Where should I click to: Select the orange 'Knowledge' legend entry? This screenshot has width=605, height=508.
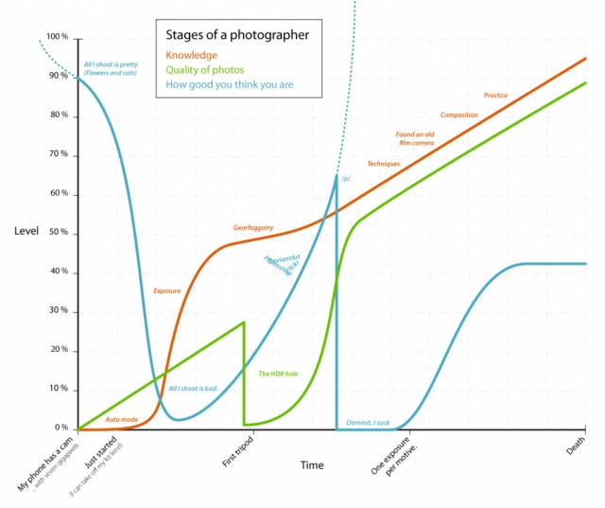tap(191, 55)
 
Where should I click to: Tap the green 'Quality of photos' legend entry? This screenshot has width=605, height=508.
tap(204, 69)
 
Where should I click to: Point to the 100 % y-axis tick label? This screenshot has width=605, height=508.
tap(58, 37)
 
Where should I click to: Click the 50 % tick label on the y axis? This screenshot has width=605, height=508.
tap(59, 233)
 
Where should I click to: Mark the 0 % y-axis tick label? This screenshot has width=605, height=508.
tap(61, 429)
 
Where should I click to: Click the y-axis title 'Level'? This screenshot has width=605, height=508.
tap(26, 232)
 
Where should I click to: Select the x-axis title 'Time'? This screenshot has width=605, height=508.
tap(312, 465)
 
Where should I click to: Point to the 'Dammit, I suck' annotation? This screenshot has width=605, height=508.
tap(368, 422)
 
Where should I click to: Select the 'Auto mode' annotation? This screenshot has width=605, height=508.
tap(122, 419)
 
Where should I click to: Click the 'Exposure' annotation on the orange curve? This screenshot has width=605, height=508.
tap(166, 290)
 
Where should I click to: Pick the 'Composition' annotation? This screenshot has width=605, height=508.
tap(458, 115)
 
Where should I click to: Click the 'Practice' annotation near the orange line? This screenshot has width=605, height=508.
tap(495, 96)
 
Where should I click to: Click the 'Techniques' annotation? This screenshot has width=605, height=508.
tap(383, 165)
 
